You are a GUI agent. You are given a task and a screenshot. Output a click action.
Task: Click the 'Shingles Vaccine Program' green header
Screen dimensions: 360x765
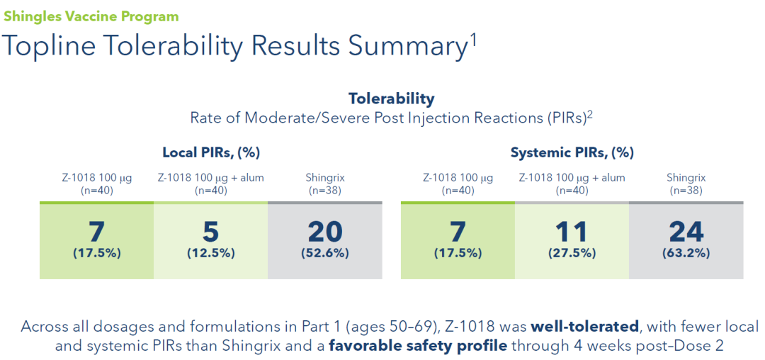[x=91, y=16]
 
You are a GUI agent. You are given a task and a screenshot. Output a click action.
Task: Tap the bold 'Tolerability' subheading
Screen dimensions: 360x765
[x=391, y=99]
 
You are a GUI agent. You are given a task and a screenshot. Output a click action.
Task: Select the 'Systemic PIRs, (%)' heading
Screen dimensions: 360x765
[x=572, y=152]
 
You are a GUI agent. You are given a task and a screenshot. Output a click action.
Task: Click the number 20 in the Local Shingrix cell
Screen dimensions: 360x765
[x=325, y=232]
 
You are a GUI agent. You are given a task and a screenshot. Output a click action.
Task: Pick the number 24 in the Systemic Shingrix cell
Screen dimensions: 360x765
[x=686, y=232]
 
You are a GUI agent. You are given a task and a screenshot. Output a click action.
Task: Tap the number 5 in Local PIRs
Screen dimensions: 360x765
[x=210, y=232]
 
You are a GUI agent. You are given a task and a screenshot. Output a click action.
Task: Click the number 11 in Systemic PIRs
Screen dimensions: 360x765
[x=571, y=232]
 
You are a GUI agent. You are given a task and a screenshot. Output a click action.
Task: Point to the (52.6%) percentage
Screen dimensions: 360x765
[x=325, y=253]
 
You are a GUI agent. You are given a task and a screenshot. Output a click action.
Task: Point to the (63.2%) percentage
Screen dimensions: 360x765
[x=686, y=253]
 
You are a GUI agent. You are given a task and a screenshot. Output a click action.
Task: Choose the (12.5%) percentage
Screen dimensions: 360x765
[x=210, y=253]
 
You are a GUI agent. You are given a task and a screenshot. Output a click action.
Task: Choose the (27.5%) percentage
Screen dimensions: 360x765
[x=571, y=253]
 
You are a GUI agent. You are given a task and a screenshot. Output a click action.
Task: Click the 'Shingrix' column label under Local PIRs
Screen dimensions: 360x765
[x=325, y=178]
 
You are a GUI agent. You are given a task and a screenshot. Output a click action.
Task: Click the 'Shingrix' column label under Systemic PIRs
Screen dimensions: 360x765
[x=686, y=178]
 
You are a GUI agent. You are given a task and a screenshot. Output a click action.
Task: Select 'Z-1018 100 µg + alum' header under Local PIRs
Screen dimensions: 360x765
[x=210, y=178]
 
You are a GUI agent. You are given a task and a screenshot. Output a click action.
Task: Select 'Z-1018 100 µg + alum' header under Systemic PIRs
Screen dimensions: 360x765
[x=572, y=178]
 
